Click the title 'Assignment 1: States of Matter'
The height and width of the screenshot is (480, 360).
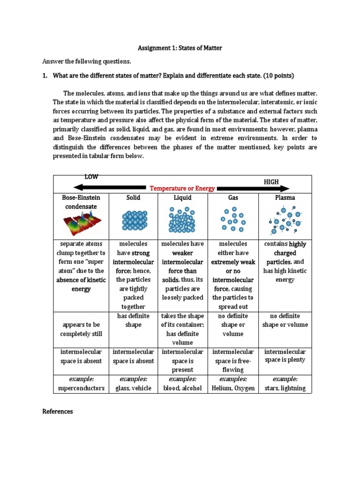[180, 48]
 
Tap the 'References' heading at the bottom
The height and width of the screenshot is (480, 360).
[58, 412]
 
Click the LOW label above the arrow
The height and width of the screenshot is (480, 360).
[91, 177]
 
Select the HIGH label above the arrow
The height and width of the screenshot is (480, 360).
[271, 181]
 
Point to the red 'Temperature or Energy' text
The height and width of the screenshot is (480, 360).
[182, 188]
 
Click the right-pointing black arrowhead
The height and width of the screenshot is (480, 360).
[285, 188]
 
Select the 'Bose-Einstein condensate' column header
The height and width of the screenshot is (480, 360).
[81, 202]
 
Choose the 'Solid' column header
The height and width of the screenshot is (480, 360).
[134, 198]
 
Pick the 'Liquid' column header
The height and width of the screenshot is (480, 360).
[182, 198]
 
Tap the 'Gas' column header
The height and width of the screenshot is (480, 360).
[233, 198]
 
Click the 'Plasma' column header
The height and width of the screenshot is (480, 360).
[285, 198]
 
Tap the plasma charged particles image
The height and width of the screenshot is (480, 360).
[285, 220]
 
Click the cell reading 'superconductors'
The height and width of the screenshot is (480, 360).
[81, 388]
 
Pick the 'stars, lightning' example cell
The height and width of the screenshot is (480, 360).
[285, 388]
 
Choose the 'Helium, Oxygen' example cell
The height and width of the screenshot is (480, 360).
[233, 388]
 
